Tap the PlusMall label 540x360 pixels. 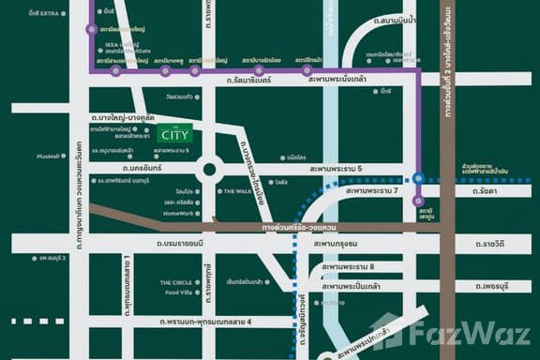pos(50,157)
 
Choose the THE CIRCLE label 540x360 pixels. pos(175,281)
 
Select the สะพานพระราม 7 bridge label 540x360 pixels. pos(372,190)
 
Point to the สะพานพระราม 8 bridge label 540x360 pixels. pos(347,267)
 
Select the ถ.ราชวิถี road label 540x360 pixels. pos(489,244)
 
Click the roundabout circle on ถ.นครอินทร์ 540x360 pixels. pos(208,170)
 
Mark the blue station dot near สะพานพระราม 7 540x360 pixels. pos(418,177)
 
